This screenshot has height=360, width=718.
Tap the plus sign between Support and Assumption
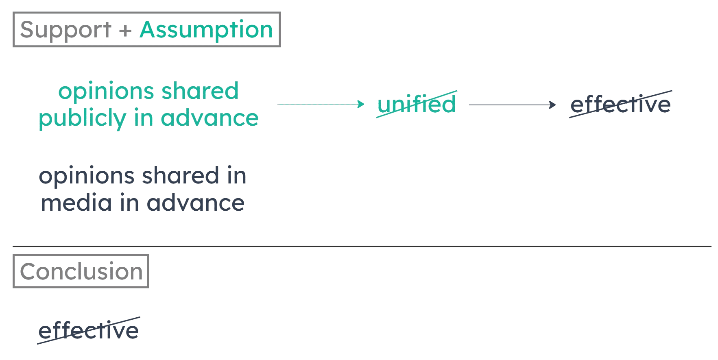coord(125,31)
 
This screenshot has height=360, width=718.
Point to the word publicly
coord(83,118)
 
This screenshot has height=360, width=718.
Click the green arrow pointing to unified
coord(320,104)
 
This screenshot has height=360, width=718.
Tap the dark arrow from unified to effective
coord(512,105)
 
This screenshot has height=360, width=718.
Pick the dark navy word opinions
coord(87,176)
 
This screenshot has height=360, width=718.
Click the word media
coord(76,203)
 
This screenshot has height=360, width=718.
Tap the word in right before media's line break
coord(237,176)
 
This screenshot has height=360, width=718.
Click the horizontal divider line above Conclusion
coord(362,246)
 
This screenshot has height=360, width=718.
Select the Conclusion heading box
coord(81,271)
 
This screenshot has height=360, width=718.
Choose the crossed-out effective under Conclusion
coord(89,331)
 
